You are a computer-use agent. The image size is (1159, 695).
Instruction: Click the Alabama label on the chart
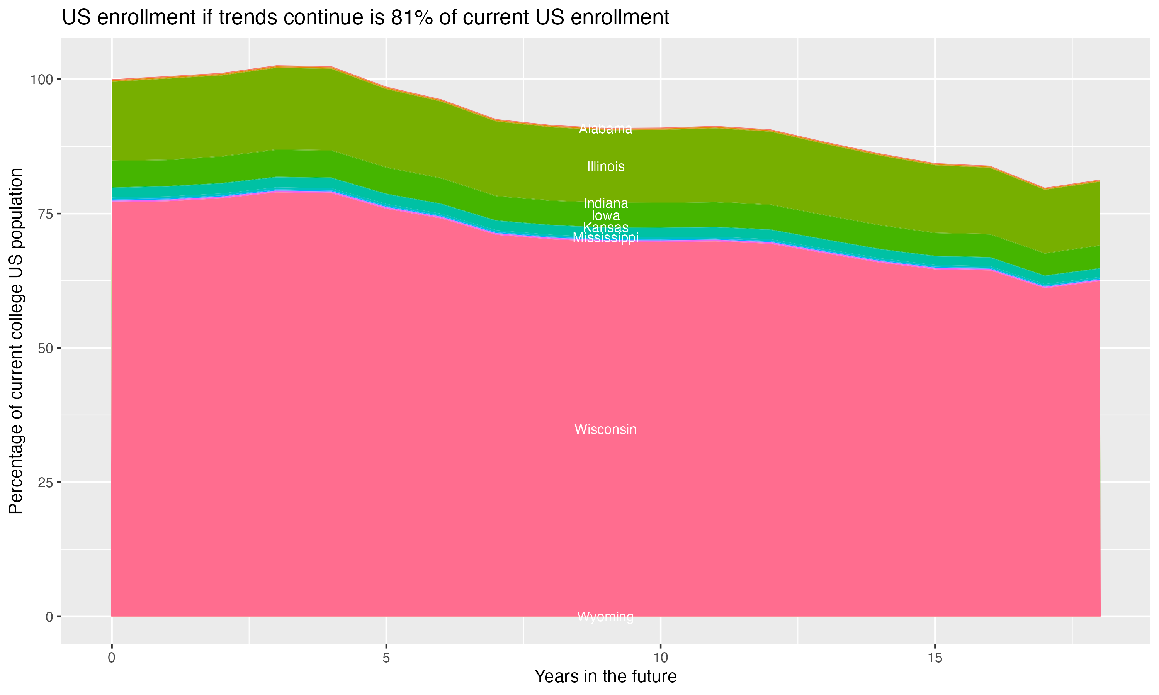tap(605, 129)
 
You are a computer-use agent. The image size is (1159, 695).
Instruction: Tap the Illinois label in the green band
tap(605, 166)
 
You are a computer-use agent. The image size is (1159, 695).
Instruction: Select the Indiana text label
tap(605, 203)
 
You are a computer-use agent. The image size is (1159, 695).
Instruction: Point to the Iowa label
tap(605, 215)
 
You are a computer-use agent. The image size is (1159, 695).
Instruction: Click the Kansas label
tap(605, 227)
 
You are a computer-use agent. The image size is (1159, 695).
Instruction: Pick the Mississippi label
tap(605, 238)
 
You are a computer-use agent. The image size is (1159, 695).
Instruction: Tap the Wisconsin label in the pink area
tap(605, 429)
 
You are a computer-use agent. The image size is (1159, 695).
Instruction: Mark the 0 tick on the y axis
tap(49, 617)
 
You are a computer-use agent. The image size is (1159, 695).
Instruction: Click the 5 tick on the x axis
tap(386, 658)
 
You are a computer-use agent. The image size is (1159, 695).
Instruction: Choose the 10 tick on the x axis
tap(661, 658)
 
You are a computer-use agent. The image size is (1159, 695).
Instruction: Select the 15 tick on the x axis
tap(935, 658)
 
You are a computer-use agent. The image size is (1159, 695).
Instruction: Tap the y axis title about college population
tap(16, 341)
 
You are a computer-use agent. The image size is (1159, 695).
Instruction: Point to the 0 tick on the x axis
tap(112, 658)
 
